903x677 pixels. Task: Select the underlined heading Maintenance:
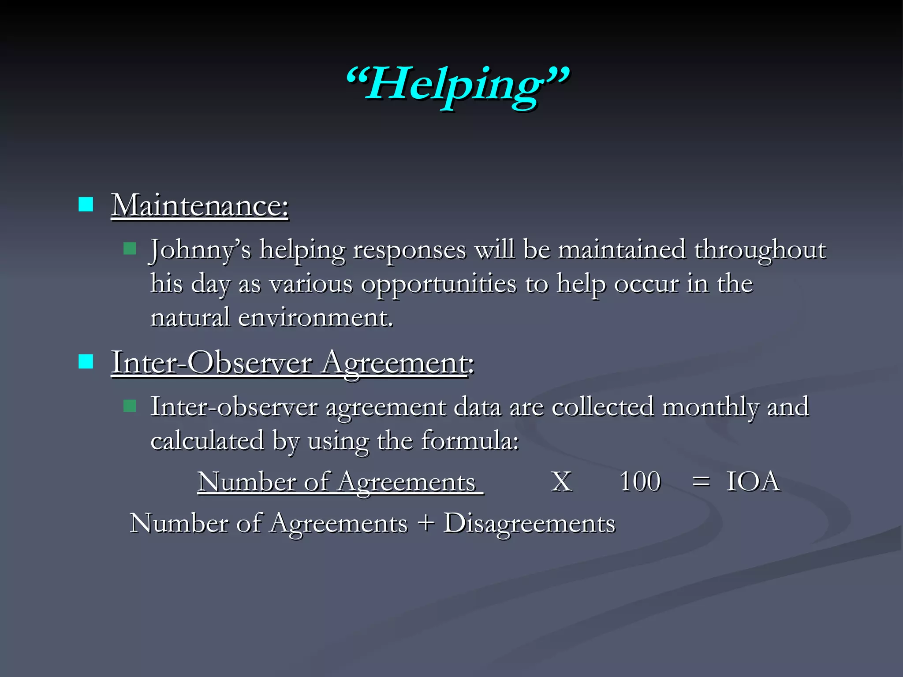point(199,205)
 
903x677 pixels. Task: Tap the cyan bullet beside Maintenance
point(86,205)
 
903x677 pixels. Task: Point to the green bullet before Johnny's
point(130,249)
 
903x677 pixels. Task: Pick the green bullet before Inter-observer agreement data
point(130,405)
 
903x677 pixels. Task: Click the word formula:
point(470,440)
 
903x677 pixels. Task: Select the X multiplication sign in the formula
point(562,481)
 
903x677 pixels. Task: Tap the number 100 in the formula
point(640,481)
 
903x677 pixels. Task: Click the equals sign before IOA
point(701,481)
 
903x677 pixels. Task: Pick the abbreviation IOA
point(753,481)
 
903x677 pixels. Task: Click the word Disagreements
point(529,524)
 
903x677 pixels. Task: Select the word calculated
point(207,440)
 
